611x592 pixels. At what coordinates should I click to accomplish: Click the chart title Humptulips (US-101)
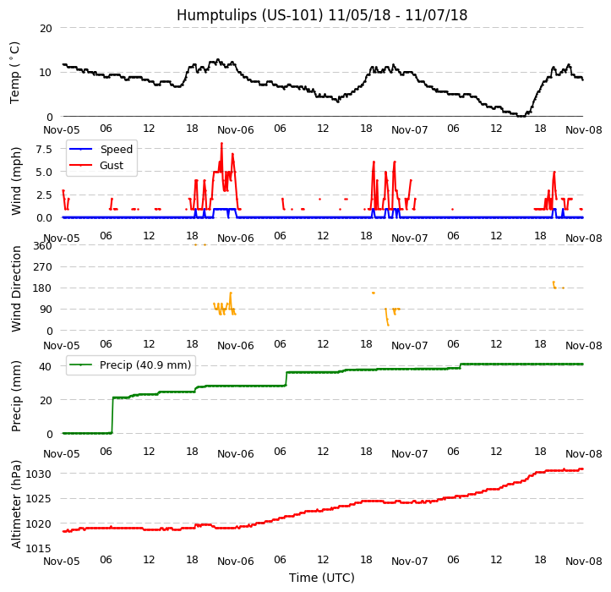pyautogui.click(x=321, y=15)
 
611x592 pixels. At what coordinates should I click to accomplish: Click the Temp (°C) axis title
pyautogui.click(x=15, y=72)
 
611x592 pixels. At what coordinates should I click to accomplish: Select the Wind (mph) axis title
pyautogui.click(x=16, y=180)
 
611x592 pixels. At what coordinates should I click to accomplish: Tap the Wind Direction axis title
pyautogui.click(x=16, y=288)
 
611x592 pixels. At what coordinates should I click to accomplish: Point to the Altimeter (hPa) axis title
pyautogui.click(x=16, y=504)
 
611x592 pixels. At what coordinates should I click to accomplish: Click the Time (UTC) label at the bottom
pyautogui.click(x=321, y=578)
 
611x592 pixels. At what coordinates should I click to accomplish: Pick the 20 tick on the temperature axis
pyautogui.click(x=46, y=28)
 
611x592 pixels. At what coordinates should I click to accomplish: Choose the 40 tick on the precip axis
pyautogui.click(x=46, y=366)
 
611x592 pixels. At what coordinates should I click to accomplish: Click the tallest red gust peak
pyautogui.click(x=221, y=143)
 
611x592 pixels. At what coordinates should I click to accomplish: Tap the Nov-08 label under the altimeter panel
pyautogui.click(x=583, y=562)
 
